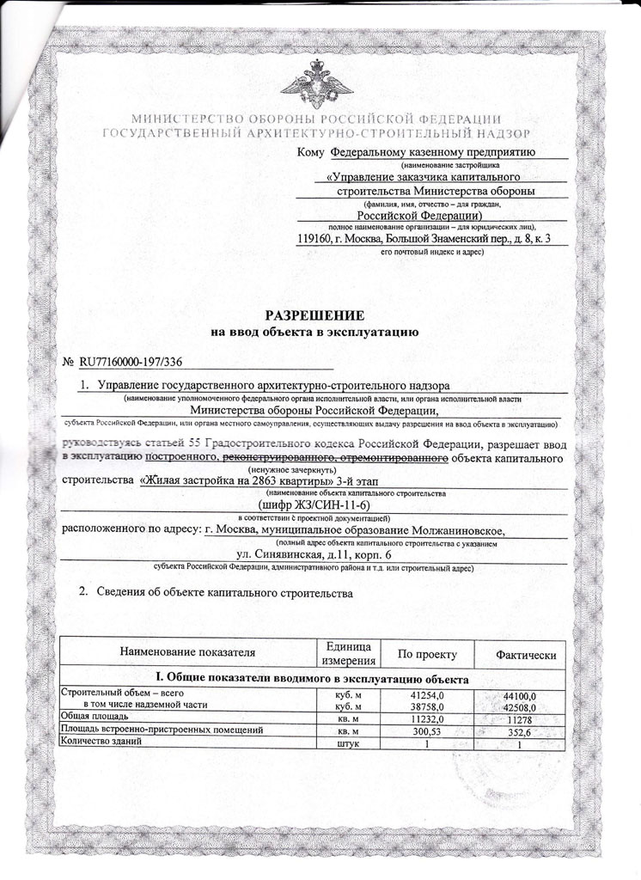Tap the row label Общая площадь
[x=94, y=716]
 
